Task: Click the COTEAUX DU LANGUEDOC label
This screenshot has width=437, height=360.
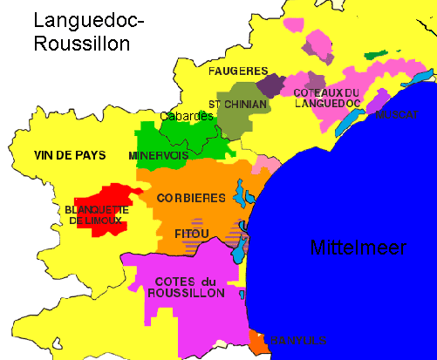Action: (x=327, y=98)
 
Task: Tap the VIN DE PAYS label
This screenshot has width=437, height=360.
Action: (x=70, y=156)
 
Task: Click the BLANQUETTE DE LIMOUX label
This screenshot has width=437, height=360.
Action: (x=96, y=215)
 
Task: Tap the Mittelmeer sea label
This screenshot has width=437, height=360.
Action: (x=358, y=248)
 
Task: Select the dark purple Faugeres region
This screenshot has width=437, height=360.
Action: (x=272, y=85)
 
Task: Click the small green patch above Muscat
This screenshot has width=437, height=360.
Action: (x=376, y=55)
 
